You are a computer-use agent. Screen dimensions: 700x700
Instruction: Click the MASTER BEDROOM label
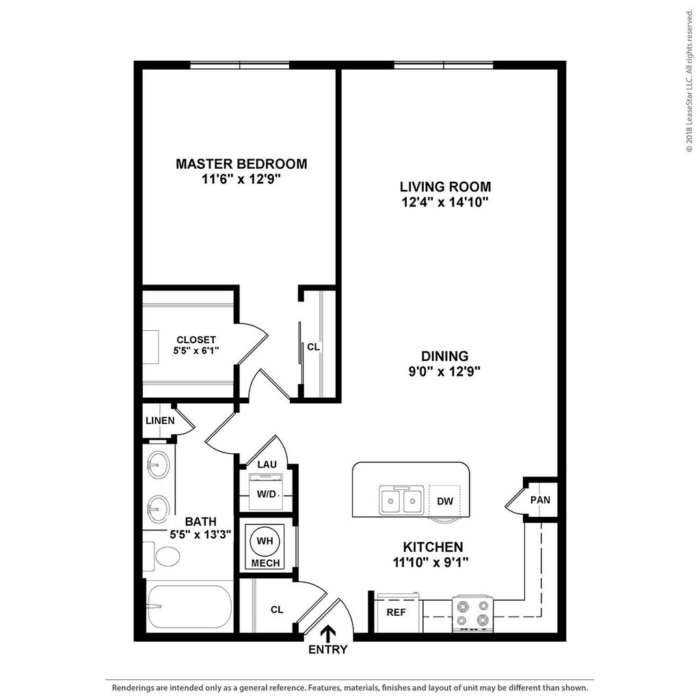click(241, 164)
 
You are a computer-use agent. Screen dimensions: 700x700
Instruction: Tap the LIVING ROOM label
click(445, 187)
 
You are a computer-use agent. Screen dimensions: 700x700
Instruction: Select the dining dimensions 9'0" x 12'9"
click(444, 372)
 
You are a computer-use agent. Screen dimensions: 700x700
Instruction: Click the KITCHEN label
click(433, 547)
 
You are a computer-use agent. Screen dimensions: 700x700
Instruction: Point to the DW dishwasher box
click(445, 501)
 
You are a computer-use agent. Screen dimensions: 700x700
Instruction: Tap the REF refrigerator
click(396, 612)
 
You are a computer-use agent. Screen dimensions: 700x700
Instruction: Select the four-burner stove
click(473, 613)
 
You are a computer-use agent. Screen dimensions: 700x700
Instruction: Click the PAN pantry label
click(540, 500)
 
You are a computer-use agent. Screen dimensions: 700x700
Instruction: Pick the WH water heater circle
click(264, 541)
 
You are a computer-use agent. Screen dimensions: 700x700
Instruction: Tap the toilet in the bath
click(164, 555)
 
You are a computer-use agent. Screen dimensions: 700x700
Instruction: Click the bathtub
click(189, 606)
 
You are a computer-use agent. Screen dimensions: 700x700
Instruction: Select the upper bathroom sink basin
click(158, 466)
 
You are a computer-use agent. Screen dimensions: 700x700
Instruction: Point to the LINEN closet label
click(159, 420)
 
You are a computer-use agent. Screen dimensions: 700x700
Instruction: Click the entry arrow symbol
click(329, 632)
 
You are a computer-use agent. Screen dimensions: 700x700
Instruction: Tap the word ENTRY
click(328, 649)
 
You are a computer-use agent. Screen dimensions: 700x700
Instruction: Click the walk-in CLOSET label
click(196, 340)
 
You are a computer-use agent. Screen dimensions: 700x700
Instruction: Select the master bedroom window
click(239, 65)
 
